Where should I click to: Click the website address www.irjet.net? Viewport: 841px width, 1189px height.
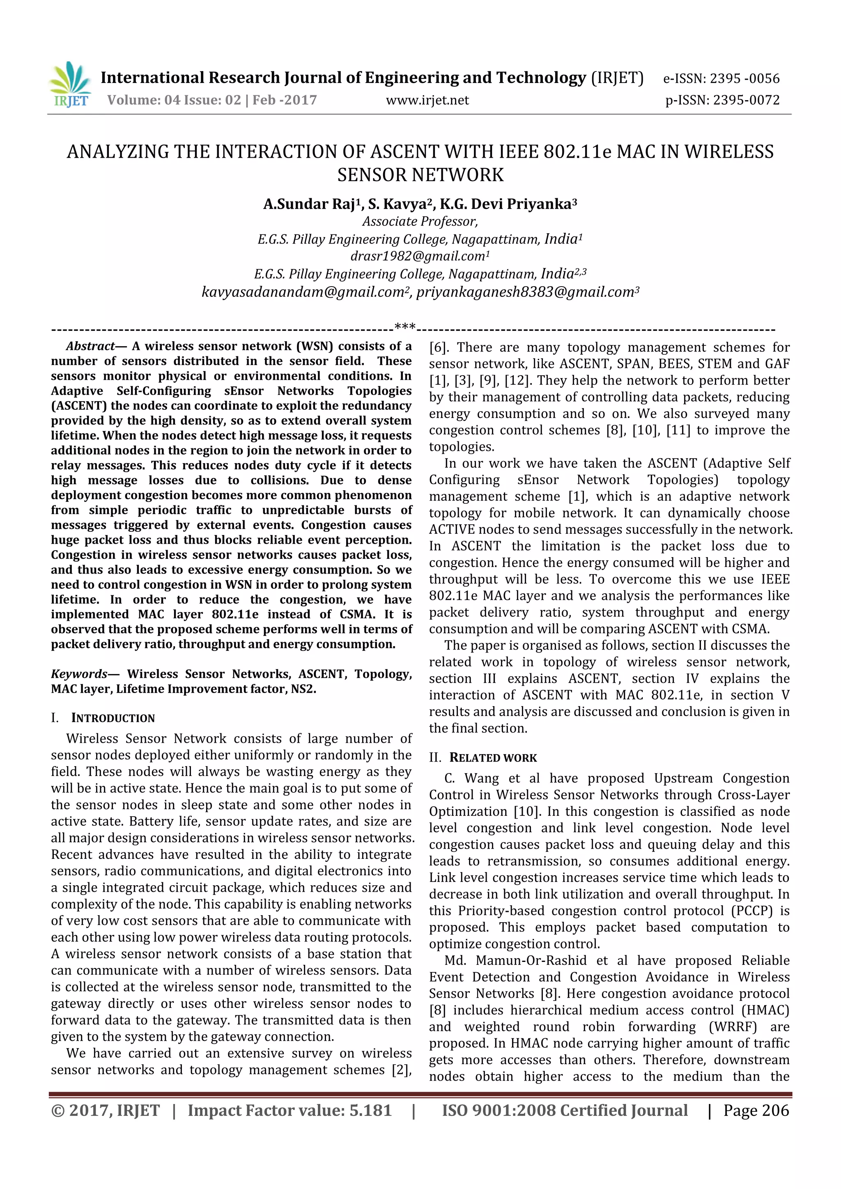(x=427, y=101)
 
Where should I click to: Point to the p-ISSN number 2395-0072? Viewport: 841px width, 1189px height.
(x=746, y=101)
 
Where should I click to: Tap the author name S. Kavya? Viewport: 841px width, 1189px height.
(x=397, y=204)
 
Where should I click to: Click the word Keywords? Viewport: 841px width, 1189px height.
(x=79, y=674)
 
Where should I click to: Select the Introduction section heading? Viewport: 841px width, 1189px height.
(x=113, y=718)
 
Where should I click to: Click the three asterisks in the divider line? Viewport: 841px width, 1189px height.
(x=405, y=327)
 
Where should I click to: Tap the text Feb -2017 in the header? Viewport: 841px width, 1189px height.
(x=284, y=101)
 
